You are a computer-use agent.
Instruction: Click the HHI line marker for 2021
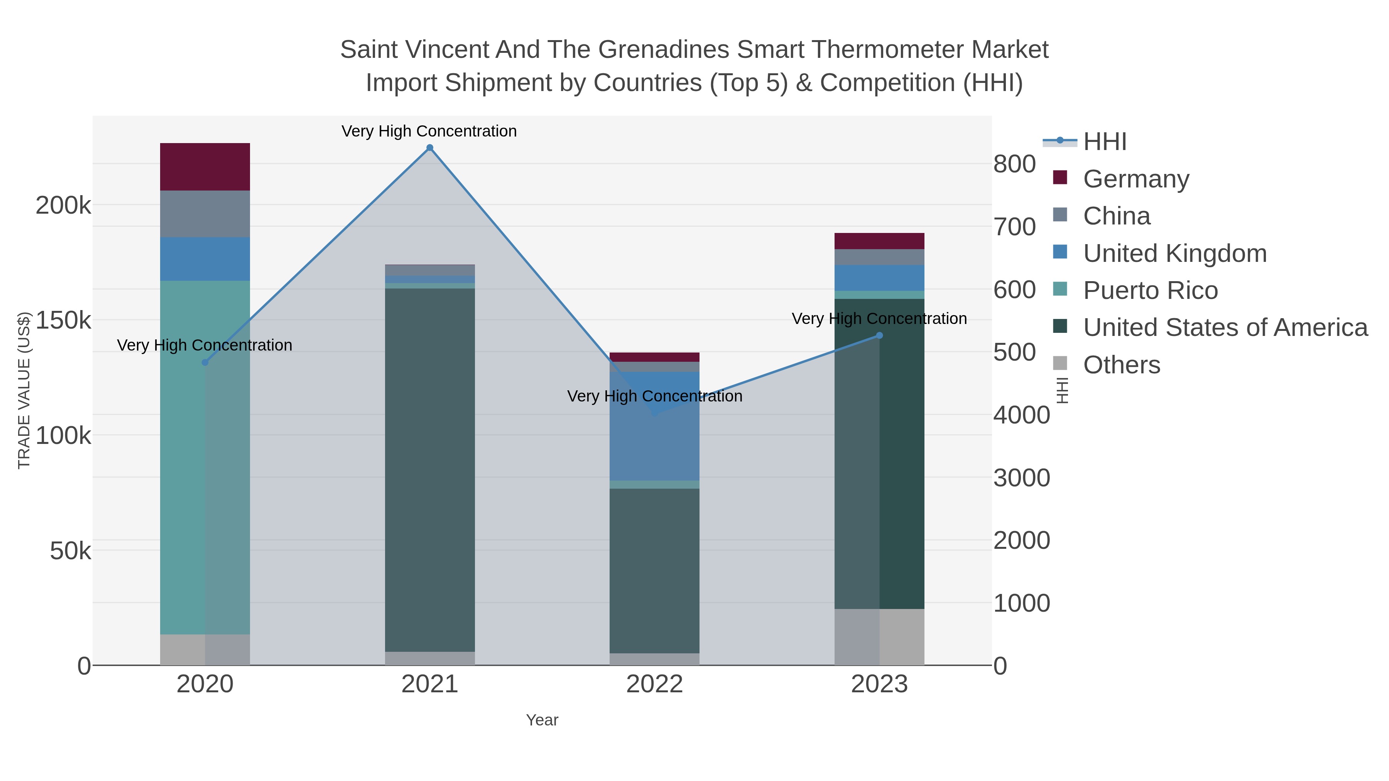[430, 148]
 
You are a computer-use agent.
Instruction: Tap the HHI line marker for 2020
[205, 362]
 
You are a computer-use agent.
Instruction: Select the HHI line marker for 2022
[655, 413]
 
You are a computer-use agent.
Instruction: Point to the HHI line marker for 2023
[879, 335]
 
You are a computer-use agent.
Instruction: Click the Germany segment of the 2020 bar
[205, 167]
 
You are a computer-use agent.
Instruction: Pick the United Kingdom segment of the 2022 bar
[655, 426]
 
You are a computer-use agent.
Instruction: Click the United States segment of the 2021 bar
[430, 469]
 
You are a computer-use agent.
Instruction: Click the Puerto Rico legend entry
[1150, 290]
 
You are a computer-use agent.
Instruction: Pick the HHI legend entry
[1104, 142]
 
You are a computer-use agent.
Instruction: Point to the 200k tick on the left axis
[63, 205]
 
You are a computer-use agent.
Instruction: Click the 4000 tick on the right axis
[1021, 415]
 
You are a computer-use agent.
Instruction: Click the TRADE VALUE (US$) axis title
[24, 390]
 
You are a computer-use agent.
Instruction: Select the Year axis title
[542, 720]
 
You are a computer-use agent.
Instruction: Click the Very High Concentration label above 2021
[429, 131]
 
